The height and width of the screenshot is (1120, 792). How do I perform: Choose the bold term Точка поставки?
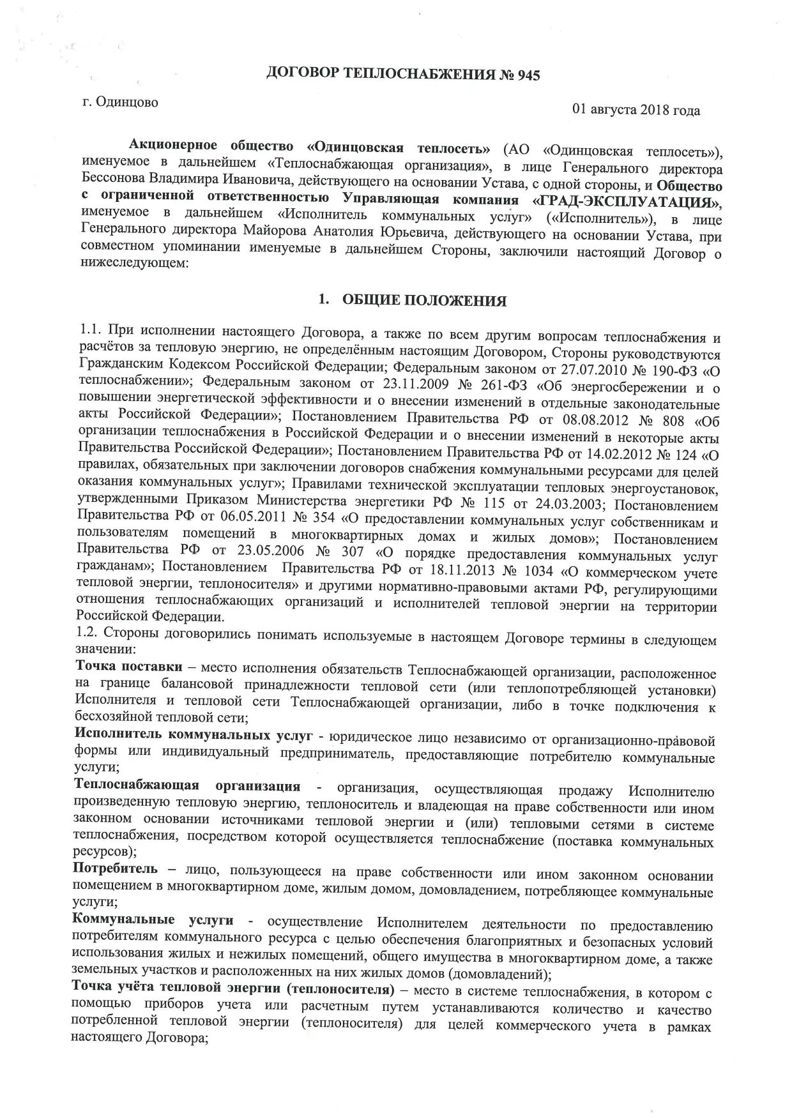[128, 668]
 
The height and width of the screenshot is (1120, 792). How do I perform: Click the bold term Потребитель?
[115, 869]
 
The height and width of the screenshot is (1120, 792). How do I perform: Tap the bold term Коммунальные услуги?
[153, 921]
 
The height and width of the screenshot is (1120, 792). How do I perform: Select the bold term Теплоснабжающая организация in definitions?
[187, 786]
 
